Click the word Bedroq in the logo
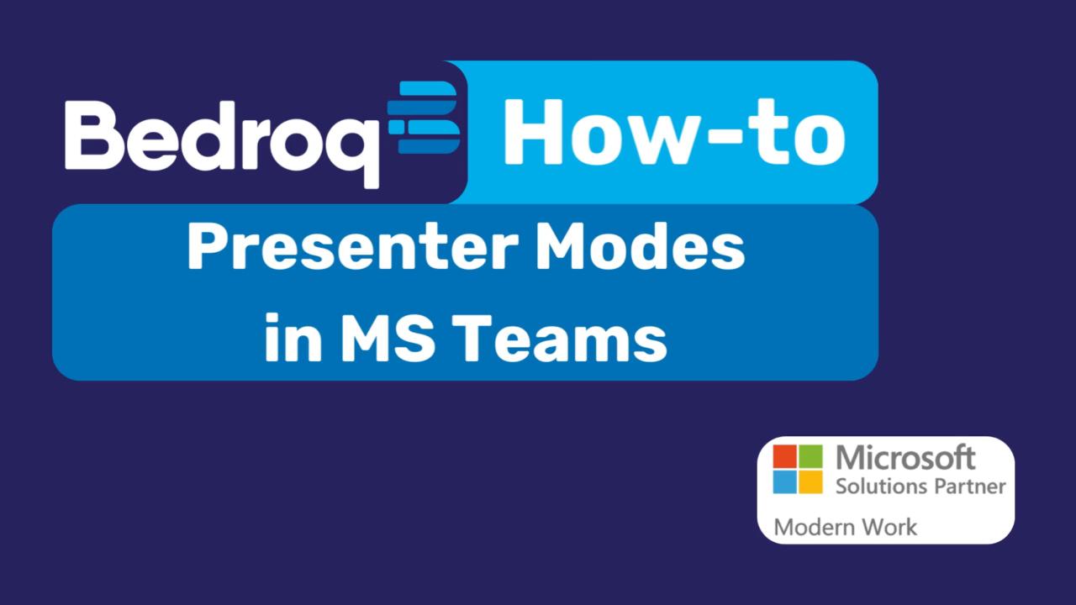pos(222,134)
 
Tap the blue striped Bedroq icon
pos(424,118)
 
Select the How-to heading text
pos(673,131)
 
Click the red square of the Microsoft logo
pos(784,456)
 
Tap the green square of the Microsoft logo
pos(810,456)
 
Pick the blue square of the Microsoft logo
pos(784,482)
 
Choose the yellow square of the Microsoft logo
pos(810,482)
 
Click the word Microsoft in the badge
pos(906,459)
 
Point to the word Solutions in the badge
pos(881,486)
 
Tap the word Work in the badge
pos(889,528)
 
